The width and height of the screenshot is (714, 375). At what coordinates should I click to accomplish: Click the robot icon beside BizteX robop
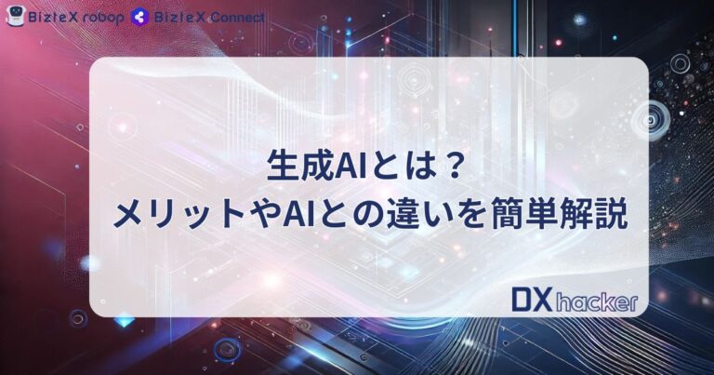coord(16,16)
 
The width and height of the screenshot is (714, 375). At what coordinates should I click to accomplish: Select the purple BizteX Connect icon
coord(140,17)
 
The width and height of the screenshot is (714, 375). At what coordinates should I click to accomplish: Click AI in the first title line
coord(341,170)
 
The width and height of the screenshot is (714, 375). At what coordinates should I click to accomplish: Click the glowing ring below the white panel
coord(225,350)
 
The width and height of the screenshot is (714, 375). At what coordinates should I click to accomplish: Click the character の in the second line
coord(372,215)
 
